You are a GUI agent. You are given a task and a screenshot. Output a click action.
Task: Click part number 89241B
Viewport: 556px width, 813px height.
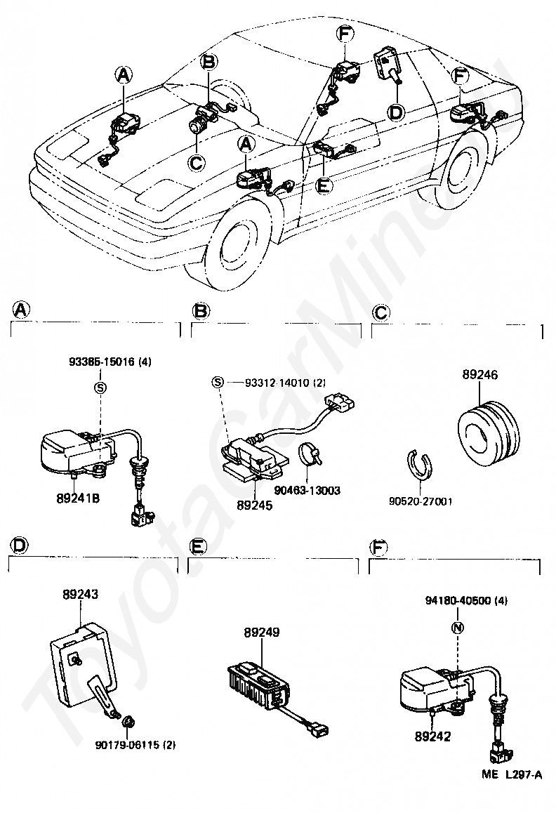click(x=78, y=497)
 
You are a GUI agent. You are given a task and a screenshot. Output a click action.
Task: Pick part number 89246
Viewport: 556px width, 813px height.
click(x=480, y=375)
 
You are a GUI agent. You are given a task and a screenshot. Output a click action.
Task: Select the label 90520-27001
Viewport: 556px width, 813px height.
click(x=421, y=502)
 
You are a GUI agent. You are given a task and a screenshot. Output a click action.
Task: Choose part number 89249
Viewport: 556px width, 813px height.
click(x=262, y=633)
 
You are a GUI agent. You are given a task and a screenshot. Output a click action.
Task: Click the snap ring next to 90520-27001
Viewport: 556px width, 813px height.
click(x=420, y=467)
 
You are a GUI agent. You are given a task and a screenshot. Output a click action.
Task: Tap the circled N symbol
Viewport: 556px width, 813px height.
click(x=456, y=628)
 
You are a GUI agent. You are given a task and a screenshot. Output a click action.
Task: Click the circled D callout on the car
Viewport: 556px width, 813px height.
click(x=396, y=112)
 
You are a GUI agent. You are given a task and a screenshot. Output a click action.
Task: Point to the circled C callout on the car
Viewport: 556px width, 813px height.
click(x=197, y=162)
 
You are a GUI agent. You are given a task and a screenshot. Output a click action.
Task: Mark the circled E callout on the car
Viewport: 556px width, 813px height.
click(x=322, y=187)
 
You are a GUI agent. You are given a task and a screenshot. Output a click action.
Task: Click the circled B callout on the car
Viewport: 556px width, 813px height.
click(x=208, y=62)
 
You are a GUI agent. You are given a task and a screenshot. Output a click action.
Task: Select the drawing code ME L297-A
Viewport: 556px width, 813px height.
click(x=512, y=775)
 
